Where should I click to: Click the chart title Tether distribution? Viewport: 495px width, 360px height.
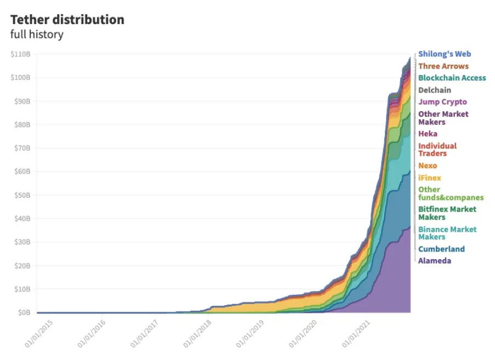click(67, 20)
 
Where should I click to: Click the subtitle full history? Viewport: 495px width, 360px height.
click(37, 35)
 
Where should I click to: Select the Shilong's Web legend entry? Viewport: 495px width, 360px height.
click(445, 54)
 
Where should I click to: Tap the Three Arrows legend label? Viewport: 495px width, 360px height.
click(443, 66)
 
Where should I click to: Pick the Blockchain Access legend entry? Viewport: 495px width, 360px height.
click(452, 78)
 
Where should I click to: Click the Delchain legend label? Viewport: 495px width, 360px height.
click(435, 90)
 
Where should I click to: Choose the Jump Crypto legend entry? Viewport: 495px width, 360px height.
click(442, 102)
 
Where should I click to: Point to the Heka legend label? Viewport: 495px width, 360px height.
click(428, 134)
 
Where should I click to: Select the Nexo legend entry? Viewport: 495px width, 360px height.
click(428, 165)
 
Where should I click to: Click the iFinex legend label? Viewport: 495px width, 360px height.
click(429, 178)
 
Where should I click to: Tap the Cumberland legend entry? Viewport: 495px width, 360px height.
click(441, 249)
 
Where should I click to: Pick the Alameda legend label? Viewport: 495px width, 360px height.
click(435, 261)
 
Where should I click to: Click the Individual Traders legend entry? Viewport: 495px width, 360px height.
click(437, 150)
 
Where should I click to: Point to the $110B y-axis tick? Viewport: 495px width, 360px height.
click(20, 54)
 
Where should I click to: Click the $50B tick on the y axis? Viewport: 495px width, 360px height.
click(22, 195)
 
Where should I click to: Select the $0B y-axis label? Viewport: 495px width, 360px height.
click(24, 313)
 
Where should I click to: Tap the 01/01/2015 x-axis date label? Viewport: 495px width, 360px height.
click(39, 335)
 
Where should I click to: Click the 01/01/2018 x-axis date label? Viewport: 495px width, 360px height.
click(198, 335)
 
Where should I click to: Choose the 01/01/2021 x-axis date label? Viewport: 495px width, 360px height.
click(357, 335)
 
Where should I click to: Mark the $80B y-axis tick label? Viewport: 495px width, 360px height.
click(22, 125)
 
